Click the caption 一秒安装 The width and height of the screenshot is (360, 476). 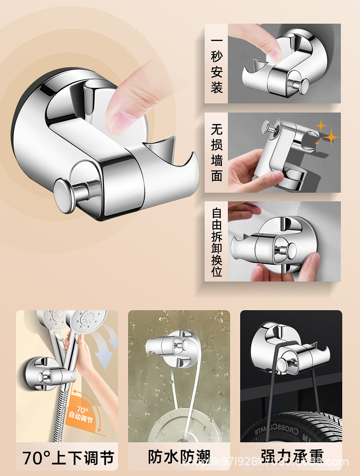click(x=216, y=64)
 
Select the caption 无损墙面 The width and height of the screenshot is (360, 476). click(x=216, y=153)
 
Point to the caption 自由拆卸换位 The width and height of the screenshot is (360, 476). click(x=216, y=241)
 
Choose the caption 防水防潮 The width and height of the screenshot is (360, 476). click(x=179, y=457)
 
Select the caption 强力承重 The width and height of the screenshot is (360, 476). click(x=292, y=457)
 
